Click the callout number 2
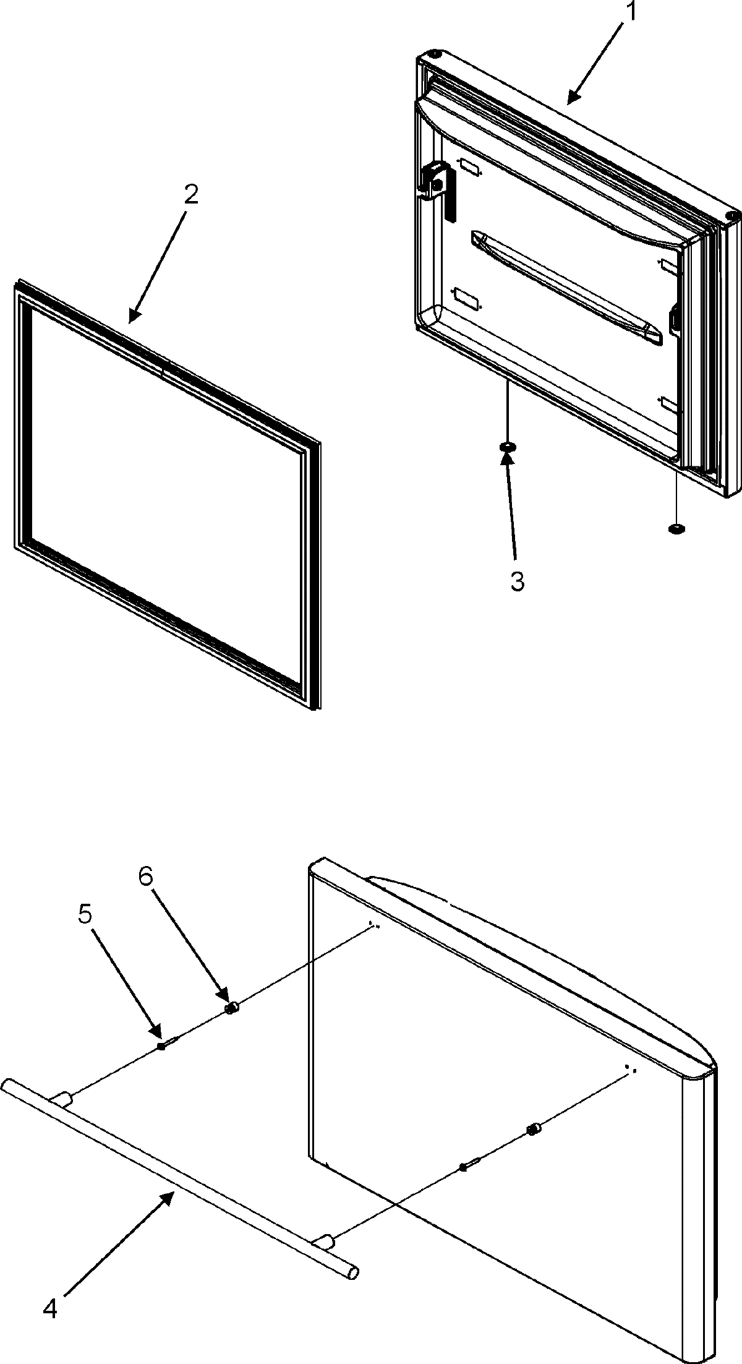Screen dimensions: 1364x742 tap(190, 195)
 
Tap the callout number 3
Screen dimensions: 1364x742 tap(517, 581)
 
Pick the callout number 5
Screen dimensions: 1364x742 tap(86, 917)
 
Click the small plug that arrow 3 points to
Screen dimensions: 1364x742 tap(508, 447)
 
